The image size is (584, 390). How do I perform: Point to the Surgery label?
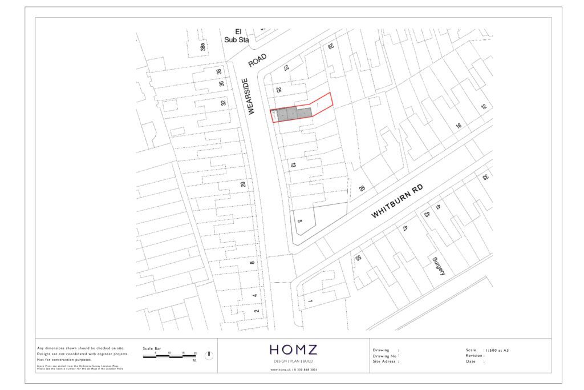[438, 266]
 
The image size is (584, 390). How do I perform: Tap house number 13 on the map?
[293, 164]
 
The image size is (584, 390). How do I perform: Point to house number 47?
[404, 227]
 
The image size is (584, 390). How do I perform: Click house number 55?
[358, 259]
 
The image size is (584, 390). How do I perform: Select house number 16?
[458, 126]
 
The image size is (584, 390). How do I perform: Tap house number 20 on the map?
[243, 184]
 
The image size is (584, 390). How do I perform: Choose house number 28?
[362, 188]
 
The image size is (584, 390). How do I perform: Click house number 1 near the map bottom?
[310, 301]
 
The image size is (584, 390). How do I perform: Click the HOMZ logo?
[294, 349]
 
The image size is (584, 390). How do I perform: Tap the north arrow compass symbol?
[209, 355]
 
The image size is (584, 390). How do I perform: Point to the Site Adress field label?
[386, 361]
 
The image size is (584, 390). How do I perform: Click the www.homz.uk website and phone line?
[294, 369]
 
